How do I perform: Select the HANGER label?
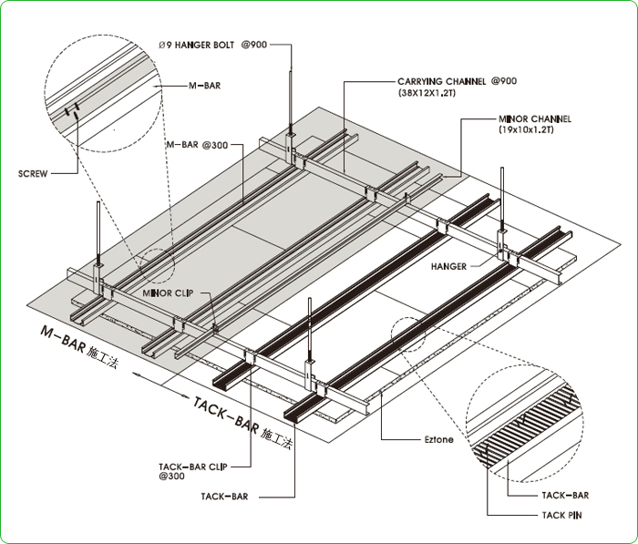449,267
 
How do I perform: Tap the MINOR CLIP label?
165,293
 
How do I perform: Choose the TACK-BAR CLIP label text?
193,464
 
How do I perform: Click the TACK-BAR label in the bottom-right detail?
565,496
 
